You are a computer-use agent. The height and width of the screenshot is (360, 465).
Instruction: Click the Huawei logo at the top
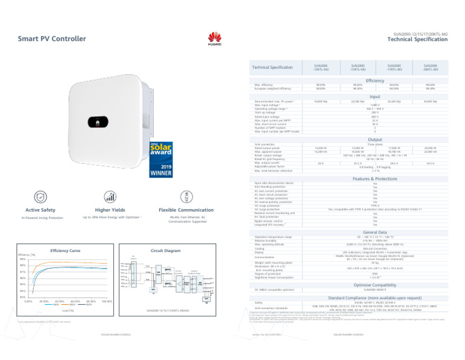(x=215, y=38)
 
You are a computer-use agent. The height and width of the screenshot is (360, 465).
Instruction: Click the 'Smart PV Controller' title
(x=52, y=39)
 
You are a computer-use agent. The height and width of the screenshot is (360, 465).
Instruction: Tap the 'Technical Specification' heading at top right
(x=417, y=39)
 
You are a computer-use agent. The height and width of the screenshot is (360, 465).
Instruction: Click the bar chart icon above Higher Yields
(x=110, y=197)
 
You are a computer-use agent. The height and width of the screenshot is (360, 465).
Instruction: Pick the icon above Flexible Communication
(x=186, y=197)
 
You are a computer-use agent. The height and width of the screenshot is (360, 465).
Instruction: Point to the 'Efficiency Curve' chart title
(x=65, y=250)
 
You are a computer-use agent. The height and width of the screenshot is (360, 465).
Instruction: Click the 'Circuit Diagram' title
(x=165, y=250)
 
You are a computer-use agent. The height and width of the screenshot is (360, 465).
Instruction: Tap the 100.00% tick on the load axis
(x=107, y=301)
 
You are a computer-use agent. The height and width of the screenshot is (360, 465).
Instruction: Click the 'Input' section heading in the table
(x=375, y=96)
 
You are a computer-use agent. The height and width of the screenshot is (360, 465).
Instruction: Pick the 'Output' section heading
(x=375, y=139)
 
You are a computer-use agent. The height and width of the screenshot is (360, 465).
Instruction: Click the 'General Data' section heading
(x=375, y=232)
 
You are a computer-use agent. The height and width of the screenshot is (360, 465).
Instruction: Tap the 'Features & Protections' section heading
(x=375, y=179)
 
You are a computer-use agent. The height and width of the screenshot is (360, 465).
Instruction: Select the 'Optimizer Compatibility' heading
(x=375, y=284)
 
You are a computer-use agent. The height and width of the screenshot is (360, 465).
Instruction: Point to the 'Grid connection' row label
(x=266, y=144)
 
